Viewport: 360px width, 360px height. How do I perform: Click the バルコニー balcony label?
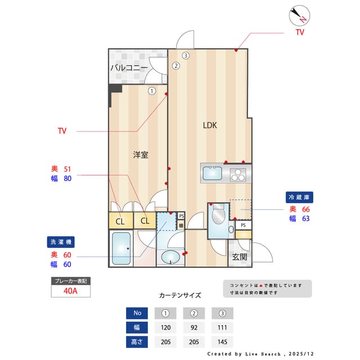click(129, 67)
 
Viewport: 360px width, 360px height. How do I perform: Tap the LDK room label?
click(210, 125)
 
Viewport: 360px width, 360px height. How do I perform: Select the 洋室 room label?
click(141, 155)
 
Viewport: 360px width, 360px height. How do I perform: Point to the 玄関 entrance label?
click(239, 257)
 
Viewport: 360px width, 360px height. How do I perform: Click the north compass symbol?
click(300, 15)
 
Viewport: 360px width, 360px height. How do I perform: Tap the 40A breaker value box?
click(70, 291)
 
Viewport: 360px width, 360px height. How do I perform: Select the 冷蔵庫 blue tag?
click(300, 197)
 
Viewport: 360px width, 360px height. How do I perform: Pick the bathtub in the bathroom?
click(121, 248)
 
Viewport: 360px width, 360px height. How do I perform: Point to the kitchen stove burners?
click(238, 174)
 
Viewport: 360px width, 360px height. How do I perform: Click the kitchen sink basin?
click(213, 173)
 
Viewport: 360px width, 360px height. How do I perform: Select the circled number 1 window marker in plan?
click(152, 91)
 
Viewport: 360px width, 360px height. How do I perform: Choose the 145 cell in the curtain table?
click(222, 341)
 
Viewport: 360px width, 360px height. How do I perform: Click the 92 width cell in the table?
click(194, 327)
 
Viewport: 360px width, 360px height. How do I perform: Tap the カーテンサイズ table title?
click(180, 295)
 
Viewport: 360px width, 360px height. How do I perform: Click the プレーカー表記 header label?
click(70, 280)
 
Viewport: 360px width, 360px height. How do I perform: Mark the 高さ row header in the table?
click(137, 341)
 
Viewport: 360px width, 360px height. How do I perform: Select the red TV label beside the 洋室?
click(62, 131)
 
